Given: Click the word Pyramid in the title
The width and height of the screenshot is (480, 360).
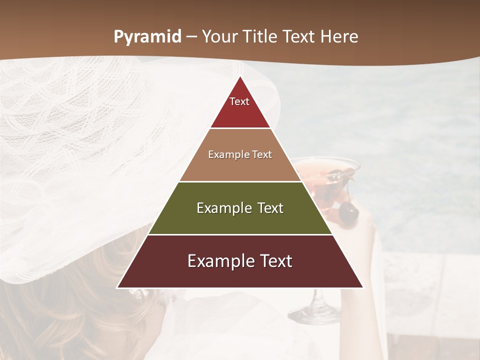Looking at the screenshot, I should [x=147, y=37].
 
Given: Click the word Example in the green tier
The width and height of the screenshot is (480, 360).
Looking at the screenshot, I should [x=220, y=208].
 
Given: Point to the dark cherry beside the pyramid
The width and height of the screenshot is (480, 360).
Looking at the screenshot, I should [x=348, y=213].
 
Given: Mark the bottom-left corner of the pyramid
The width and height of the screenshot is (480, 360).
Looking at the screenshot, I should [x=117, y=287].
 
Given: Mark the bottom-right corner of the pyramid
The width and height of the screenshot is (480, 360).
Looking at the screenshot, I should [x=363, y=287].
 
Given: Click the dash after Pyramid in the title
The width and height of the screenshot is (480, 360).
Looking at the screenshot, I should [x=191, y=37].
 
